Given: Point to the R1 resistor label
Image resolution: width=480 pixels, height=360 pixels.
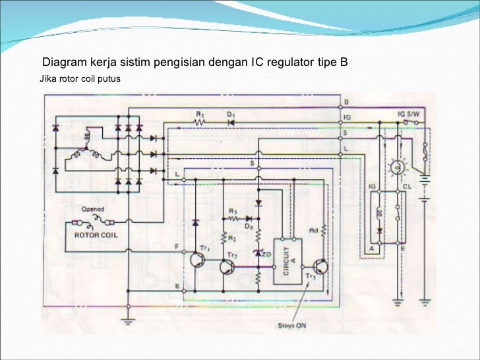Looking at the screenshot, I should [x=200, y=113].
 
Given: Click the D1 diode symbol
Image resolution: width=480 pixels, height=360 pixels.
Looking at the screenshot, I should [x=231, y=122].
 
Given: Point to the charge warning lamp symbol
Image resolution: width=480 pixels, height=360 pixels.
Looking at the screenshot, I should [x=397, y=168].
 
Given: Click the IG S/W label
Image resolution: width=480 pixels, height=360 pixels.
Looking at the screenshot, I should [x=408, y=113].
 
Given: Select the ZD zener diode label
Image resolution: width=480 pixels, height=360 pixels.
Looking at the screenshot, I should [x=268, y=254].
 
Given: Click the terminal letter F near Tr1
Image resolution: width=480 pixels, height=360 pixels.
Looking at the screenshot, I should [x=176, y=248].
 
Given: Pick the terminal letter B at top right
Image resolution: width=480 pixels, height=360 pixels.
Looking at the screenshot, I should [x=346, y=102].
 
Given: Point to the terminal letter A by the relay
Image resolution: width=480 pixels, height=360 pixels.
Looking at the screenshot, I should [x=372, y=247].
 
